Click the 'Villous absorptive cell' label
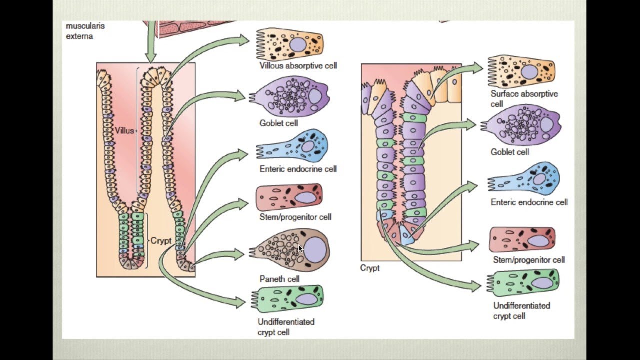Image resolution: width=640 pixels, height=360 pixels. click(x=298, y=65)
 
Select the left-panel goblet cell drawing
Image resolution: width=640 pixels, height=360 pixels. click(x=290, y=96)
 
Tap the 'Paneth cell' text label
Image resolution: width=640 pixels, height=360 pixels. click(x=279, y=279)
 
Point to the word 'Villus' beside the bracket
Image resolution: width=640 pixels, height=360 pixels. click(x=124, y=131)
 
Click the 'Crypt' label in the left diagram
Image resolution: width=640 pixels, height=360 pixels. click(x=161, y=241)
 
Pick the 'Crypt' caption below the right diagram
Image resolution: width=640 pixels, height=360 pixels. click(x=370, y=268)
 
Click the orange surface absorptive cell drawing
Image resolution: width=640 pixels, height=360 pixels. click(x=522, y=71)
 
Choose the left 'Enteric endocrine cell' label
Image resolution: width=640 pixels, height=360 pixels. click(x=298, y=169)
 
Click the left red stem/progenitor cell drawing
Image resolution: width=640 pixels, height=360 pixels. click(x=289, y=197)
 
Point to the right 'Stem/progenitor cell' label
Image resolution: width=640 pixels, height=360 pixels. click(x=529, y=260)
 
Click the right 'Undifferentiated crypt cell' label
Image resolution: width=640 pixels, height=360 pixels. click(x=521, y=310)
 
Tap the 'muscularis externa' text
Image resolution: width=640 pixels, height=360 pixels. click(x=85, y=31)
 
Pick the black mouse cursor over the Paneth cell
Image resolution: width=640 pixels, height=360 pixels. click(x=300, y=249)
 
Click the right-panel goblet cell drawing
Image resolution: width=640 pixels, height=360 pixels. click(x=522, y=125)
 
